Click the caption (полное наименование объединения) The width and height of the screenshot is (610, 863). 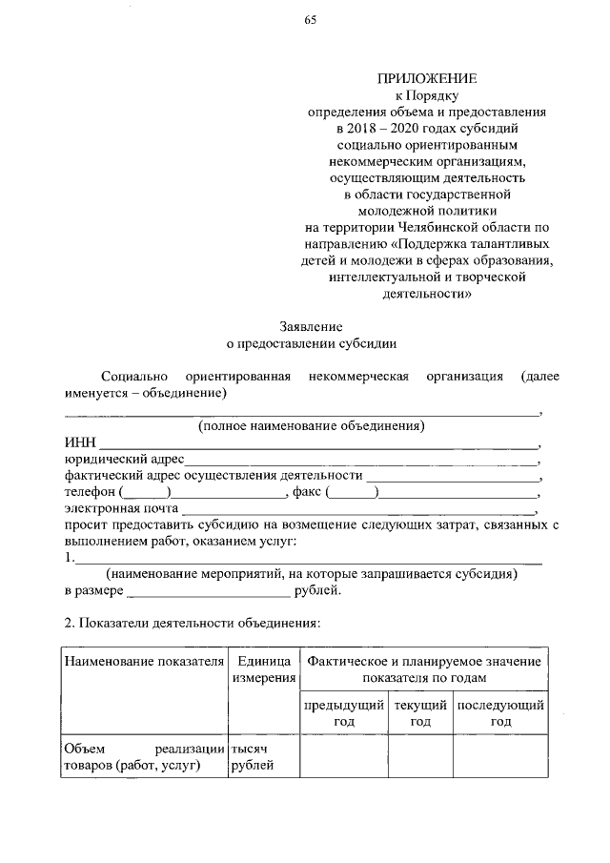pos(311,425)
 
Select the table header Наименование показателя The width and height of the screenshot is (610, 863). pos(144,661)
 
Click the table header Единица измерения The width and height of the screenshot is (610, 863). pos(264,668)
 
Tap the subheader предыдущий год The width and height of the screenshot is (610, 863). pos(343,714)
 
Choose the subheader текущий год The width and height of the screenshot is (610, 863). pos(420,714)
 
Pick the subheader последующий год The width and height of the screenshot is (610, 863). pos(500,714)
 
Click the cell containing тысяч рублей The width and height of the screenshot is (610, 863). pos(253,756)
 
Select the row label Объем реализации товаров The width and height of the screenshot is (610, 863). pos(144,756)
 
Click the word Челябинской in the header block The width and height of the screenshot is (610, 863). pos(451,228)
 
